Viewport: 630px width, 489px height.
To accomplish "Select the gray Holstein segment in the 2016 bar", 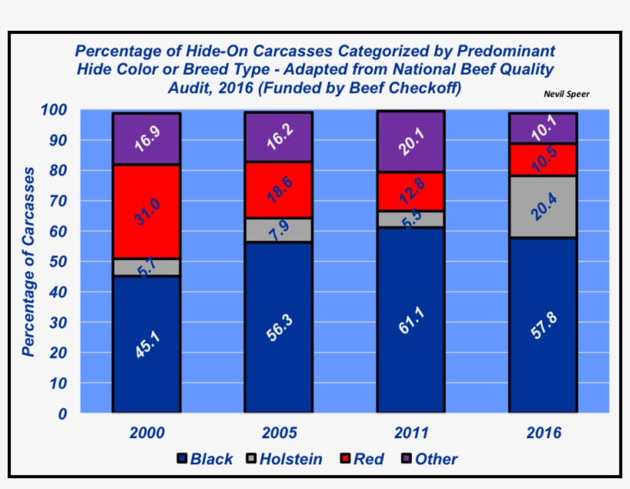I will tap(542, 207).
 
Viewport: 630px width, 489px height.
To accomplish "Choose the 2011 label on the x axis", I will tap(410, 433).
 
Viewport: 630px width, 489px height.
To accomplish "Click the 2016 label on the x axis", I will tap(543, 433).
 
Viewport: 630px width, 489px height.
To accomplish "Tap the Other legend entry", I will tap(435, 459).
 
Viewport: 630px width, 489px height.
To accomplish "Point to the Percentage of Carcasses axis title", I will tap(28, 261).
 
